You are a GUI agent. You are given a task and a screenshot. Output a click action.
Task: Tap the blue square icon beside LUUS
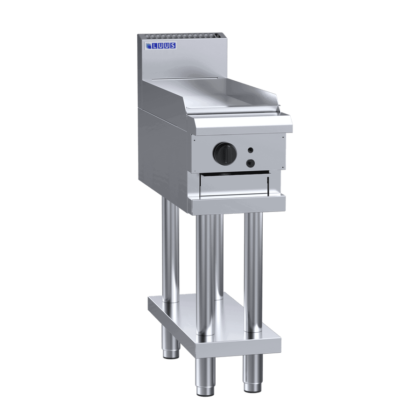(x=148, y=46)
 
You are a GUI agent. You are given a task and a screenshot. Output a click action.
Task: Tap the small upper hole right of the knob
(x=251, y=150)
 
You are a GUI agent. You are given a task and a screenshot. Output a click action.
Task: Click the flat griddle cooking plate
(x=224, y=96)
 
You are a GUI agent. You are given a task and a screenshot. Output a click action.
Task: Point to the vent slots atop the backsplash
(x=177, y=36)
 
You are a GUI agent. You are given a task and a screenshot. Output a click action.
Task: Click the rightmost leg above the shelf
(x=253, y=271)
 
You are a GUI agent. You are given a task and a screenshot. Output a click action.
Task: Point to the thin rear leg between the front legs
(x=218, y=261)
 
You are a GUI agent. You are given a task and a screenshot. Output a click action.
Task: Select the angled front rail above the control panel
(x=240, y=124)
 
